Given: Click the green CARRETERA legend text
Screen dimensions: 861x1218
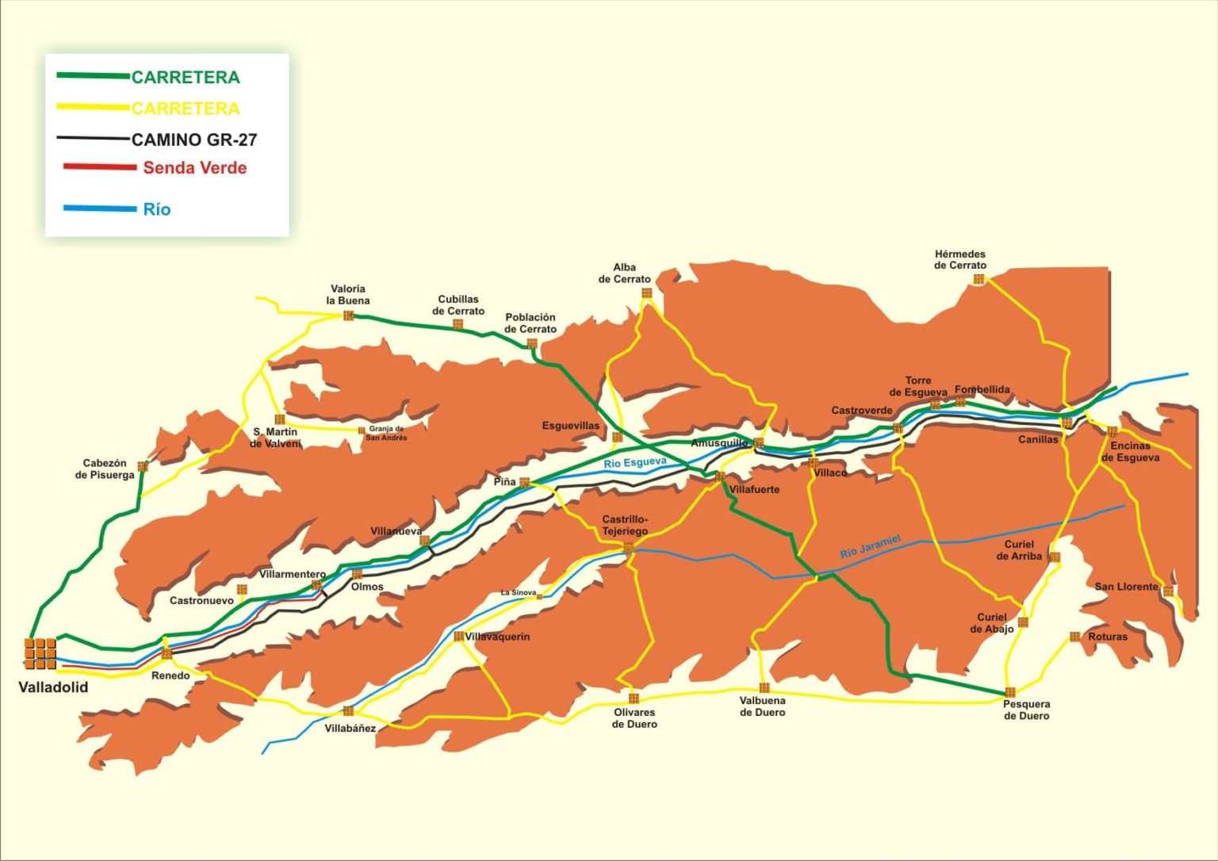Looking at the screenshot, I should click(x=186, y=77).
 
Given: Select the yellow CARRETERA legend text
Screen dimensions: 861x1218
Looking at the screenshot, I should click(x=186, y=109).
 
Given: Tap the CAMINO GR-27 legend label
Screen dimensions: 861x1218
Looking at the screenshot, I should click(x=194, y=140).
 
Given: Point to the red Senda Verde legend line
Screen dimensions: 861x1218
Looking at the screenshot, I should click(x=100, y=167).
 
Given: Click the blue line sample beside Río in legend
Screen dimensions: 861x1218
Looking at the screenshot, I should click(x=100, y=209).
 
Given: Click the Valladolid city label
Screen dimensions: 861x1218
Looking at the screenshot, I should click(x=53, y=687).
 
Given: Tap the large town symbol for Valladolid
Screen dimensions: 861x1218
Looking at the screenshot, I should click(x=40, y=653).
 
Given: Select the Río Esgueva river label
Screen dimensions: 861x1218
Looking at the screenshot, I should click(x=635, y=463).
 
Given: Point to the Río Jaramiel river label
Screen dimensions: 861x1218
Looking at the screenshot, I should click(x=871, y=546).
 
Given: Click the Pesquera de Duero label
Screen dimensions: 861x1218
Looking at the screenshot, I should click(x=1026, y=710).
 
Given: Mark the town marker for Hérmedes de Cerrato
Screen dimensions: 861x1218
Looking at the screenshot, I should click(x=979, y=279).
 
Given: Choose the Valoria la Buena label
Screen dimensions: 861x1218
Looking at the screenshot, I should click(x=347, y=295).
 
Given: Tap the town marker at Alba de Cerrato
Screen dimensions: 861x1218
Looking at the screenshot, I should click(x=646, y=293).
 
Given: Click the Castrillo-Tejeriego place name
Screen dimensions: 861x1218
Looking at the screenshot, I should click(x=625, y=525).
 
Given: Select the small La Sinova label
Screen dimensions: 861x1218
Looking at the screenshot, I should click(x=519, y=592).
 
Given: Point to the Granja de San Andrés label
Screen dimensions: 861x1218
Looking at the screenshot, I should click(x=386, y=433).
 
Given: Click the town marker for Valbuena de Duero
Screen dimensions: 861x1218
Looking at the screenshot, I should click(x=764, y=687).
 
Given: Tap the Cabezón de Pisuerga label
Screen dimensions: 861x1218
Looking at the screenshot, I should click(x=105, y=469).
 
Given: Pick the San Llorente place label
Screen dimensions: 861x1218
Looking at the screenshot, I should click(x=1126, y=587).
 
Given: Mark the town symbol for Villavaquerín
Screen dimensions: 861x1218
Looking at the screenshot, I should click(x=458, y=636).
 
